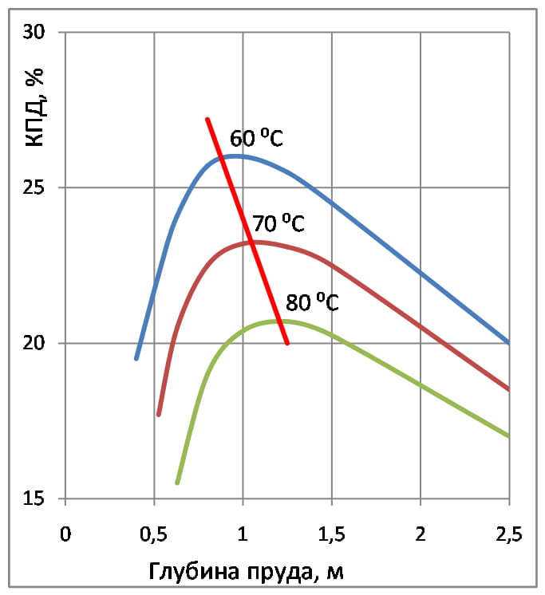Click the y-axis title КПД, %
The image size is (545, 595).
(x=34, y=108)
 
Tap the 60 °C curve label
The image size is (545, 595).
(x=256, y=139)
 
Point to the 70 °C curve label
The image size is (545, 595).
(x=278, y=223)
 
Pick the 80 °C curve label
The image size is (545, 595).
(x=312, y=303)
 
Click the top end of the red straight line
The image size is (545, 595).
(x=207, y=120)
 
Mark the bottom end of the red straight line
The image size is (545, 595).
(x=287, y=343)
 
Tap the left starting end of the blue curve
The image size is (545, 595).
(x=136, y=358)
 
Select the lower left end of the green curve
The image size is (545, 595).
(x=177, y=483)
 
